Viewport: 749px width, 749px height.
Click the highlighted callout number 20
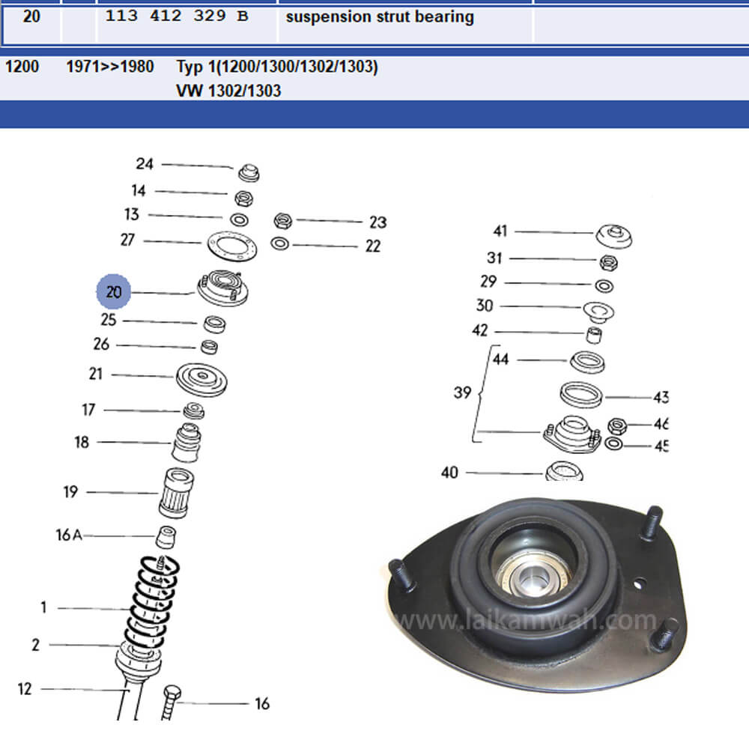pos(114,291)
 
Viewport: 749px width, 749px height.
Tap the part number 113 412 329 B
pos(176,16)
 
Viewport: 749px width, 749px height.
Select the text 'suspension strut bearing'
pos(380,16)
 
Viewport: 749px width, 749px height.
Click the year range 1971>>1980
pos(110,67)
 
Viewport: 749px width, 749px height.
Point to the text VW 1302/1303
pos(228,91)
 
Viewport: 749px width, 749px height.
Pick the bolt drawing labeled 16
pos(171,703)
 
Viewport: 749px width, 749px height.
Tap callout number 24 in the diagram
pos(145,164)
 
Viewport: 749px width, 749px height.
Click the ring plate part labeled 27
pos(232,246)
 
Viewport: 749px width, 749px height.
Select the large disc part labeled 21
pos(201,379)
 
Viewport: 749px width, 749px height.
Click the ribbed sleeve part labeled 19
pos(176,493)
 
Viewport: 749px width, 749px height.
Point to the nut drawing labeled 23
pos(283,221)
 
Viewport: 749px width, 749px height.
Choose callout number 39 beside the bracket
pos(462,392)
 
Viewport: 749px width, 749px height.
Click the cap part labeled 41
pos(614,236)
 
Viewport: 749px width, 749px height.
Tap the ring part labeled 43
pos(581,395)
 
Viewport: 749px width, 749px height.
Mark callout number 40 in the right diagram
pos(449,473)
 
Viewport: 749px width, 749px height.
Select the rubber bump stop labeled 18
pos(187,443)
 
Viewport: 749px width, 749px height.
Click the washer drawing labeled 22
pos(280,243)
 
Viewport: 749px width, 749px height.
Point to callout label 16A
pos(69,535)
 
